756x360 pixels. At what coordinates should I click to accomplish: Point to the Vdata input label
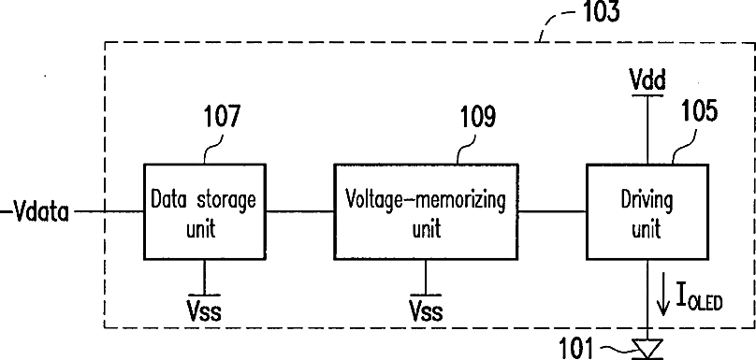tap(41, 212)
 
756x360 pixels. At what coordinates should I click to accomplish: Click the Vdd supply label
tap(647, 79)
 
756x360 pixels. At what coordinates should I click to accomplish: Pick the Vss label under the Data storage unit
tap(204, 310)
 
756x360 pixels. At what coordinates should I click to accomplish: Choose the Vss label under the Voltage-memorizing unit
tap(426, 310)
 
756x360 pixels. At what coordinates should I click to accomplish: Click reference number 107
tap(222, 116)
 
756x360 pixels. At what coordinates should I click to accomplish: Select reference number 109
tap(476, 116)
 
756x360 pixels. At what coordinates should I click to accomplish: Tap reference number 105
tap(699, 111)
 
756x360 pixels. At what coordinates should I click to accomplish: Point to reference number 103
tap(602, 11)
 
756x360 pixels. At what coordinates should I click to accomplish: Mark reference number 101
tap(576, 348)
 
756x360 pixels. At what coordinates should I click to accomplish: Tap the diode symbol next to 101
tap(647, 350)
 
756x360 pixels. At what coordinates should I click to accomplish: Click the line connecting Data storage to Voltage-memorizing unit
tap(300, 211)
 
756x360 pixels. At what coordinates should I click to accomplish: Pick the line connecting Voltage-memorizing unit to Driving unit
tap(553, 211)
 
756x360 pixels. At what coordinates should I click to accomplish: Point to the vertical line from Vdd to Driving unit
tap(647, 130)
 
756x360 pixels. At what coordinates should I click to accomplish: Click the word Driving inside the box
tap(647, 199)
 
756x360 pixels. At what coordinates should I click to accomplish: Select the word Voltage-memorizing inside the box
tap(427, 199)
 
